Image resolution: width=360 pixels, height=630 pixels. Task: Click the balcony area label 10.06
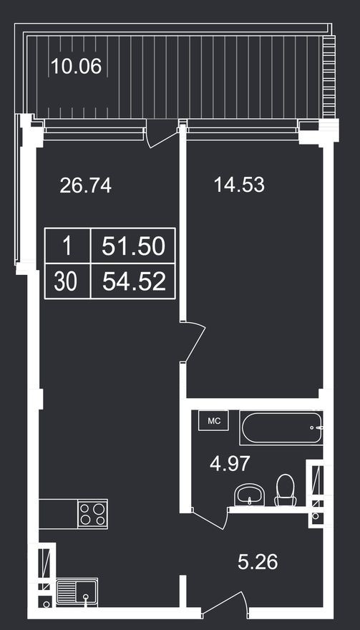pyautogui.click(x=76, y=67)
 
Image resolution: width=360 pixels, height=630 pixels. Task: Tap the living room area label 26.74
pyautogui.click(x=86, y=186)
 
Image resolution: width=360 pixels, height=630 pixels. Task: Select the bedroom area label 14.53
pyautogui.click(x=239, y=185)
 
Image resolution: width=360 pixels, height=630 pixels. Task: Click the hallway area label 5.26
pyautogui.click(x=258, y=562)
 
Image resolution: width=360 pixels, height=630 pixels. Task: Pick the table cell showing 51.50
pyautogui.click(x=133, y=246)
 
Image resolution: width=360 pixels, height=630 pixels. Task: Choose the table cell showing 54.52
pyautogui.click(x=133, y=281)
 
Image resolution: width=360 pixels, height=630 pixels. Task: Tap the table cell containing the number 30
pyautogui.click(x=66, y=281)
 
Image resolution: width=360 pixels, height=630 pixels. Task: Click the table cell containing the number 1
pyautogui.click(x=66, y=246)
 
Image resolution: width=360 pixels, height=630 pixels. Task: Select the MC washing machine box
pyautogui.click(x=213, y=422)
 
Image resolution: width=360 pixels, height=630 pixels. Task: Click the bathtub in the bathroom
pyautogui.click(x=281, y=428)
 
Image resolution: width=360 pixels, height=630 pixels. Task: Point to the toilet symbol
pyautogui.click(x=286, y=490)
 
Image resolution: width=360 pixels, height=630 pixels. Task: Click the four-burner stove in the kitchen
pyautogui.click(x=93, y=514)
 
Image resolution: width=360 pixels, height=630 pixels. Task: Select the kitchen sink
pyautogui.click(x=76, y=591)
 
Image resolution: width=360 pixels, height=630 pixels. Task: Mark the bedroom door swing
pyautogui.click(x=195, y=341)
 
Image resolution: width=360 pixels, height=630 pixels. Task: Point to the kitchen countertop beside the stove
pyautogui.click(x=57, y=514)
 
